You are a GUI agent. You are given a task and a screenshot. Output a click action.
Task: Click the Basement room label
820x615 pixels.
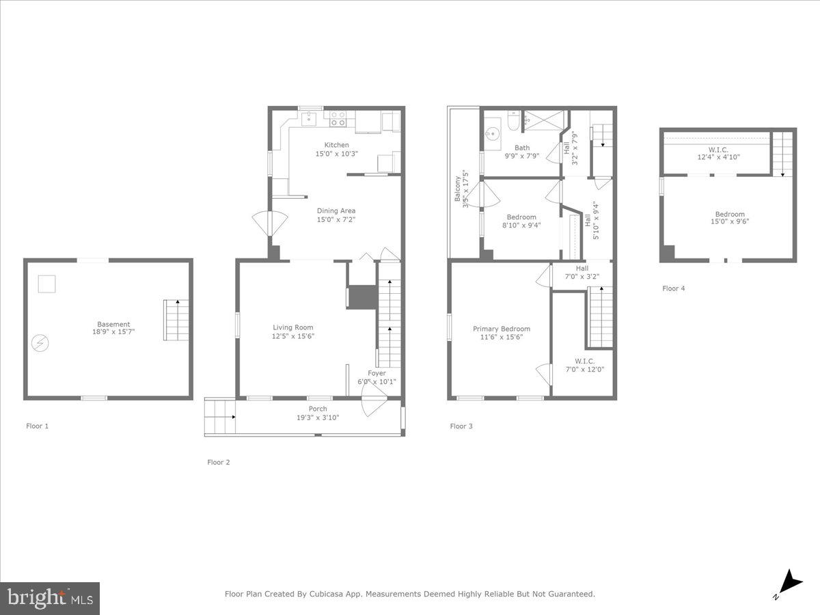point(113,325)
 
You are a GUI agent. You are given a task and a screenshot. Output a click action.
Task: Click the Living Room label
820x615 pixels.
point(293,327)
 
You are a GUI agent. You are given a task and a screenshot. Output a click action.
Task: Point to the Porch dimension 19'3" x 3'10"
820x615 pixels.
point(318,417)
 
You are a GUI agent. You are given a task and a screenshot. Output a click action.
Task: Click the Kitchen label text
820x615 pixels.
point(336,145)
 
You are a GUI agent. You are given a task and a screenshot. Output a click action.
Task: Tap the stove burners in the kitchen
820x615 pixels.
point(338,119)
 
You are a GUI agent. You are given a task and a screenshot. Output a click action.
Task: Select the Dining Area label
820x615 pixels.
point(336,210)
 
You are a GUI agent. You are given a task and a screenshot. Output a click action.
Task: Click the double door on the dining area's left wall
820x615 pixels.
point(271,224)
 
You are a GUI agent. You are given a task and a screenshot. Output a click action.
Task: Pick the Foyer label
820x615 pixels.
point(377,373)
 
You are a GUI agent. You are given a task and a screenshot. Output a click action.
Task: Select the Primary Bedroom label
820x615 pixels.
point(502,329)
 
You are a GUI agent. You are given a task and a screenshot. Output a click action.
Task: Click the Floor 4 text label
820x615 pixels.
point(673,288)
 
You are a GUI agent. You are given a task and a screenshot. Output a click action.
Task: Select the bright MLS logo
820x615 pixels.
point(50,599)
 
